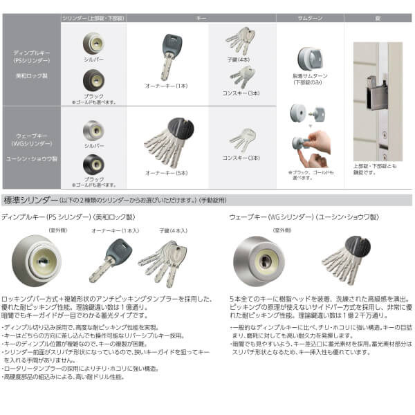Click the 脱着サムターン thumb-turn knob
point(308,58)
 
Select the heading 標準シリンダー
point(31,202)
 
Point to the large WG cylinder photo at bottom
point(263,259)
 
